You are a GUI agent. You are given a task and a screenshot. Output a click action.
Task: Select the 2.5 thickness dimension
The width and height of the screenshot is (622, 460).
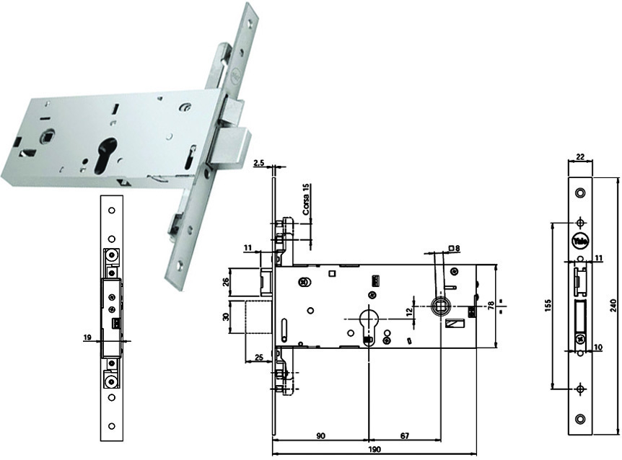click(259, 164)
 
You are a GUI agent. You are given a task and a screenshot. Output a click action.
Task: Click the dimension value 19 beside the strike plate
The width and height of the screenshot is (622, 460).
click(88, 336)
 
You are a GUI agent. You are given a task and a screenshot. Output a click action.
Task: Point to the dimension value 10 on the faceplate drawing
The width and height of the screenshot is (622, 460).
click(597, 348)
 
